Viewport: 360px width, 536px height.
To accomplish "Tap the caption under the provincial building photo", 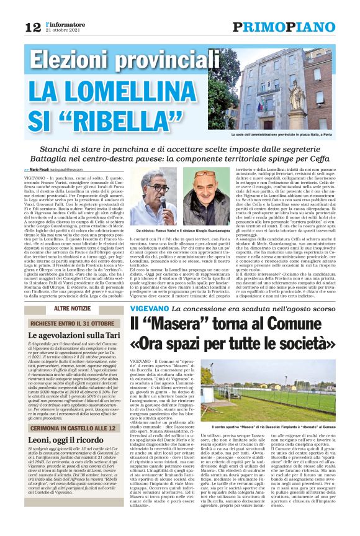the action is point(291,134).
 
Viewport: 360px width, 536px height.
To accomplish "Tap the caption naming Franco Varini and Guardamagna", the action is point(182,230).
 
